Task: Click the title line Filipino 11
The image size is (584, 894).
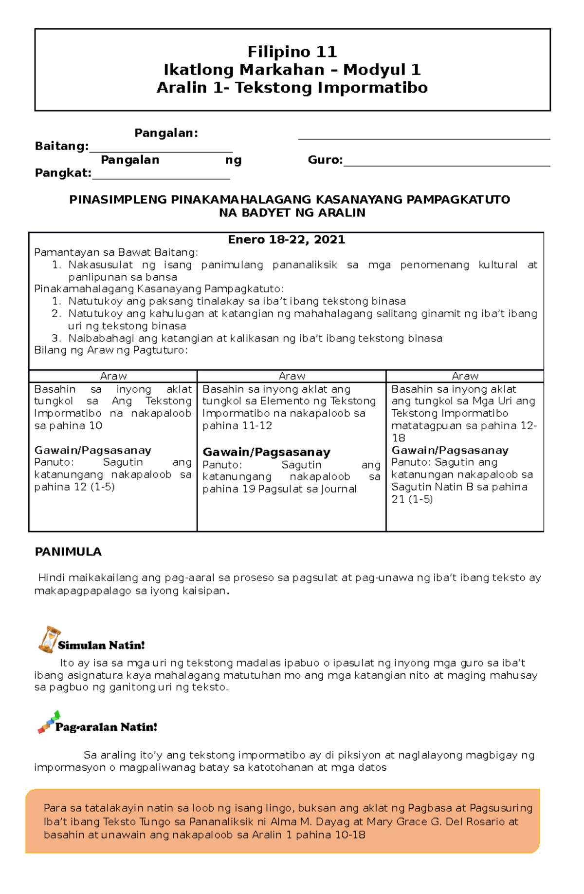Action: coord(292,52)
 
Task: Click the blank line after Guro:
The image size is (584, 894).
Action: coord(446,163)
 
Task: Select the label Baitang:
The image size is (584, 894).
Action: coord(61,146)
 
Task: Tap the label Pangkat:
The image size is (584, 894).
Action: coord(63,173)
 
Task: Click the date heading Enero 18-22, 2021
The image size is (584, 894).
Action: coord(286,240)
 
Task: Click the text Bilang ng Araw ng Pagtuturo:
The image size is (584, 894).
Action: coord(110,350)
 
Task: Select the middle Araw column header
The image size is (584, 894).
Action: coord(292,376)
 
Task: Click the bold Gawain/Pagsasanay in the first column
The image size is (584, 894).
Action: coord(92,450)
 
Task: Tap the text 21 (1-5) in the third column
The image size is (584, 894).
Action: coord(412,499)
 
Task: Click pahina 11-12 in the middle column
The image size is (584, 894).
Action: coord(237,426)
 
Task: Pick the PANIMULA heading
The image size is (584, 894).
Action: coord(68,552)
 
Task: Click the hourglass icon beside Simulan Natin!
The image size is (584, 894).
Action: coord(48,640)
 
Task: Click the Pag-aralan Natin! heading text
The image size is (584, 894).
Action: coord(106,727)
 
